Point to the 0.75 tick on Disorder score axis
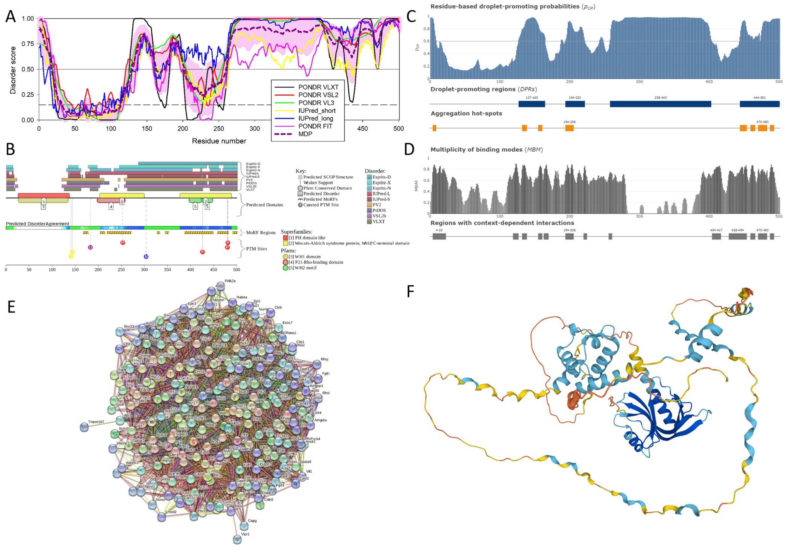coord(27,44)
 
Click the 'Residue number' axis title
coord(219,141)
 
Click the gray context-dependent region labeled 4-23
coord(439,236)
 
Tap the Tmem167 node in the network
coord(84,427)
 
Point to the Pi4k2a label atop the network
coord(230,281)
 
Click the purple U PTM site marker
coord(90,247)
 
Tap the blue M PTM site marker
coord(146,257)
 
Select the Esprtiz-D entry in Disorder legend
coord(381,177)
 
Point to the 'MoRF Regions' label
coord(261,233)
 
